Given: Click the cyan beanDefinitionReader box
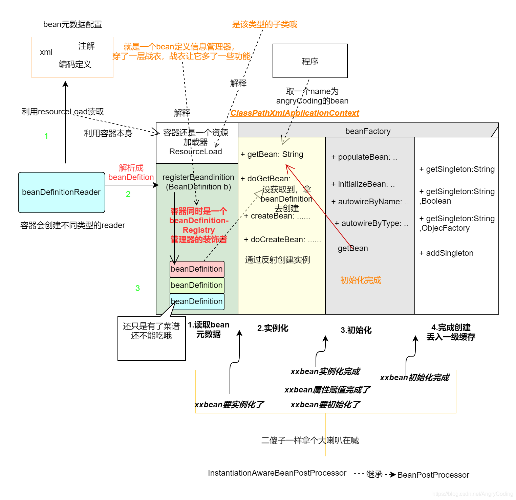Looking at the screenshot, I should (61, 192).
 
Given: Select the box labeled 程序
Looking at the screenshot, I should (310, 61).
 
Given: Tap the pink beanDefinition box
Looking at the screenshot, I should (197, 269).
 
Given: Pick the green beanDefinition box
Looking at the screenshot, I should (197, 285).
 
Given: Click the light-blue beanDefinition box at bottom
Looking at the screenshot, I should (197, 301).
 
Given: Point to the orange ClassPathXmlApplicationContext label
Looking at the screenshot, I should (295, 113).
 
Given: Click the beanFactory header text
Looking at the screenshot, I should (368, 131).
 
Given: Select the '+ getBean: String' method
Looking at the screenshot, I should (272, 154).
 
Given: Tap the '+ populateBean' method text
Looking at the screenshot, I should (364, 157).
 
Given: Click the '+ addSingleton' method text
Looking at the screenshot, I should (446, 253).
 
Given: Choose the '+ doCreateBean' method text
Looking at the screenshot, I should (282, 240).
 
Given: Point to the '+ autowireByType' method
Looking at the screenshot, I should (371, 223).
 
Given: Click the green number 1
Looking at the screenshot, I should (46, 136).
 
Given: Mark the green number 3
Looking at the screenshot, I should (137, 288).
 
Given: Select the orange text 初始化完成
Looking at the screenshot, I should (361, 280).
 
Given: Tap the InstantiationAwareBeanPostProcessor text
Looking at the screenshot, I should (277, 473).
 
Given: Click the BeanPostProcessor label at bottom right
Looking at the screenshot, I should (433, 475).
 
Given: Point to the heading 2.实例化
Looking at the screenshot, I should (273, 328).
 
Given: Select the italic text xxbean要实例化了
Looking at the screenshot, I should (229, 405).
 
